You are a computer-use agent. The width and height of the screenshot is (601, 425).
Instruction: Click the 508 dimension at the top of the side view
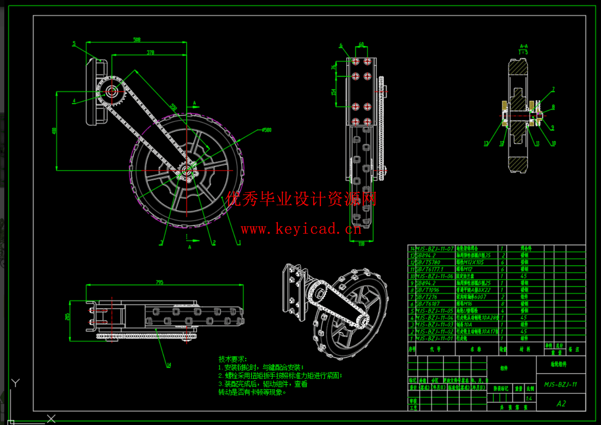pyautogui.click(x=137, y=39)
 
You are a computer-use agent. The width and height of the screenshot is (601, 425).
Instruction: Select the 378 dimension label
pyautogui.click(x=150, y=52)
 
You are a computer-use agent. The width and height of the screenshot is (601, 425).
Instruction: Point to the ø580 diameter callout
pyautogui.click(x=266, y=130)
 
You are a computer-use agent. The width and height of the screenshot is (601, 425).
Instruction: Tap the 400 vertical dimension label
pyautogui.click(x=54, y=131)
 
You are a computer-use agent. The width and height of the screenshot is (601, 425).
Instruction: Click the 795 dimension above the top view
pyautogui.click(x=159, y=282)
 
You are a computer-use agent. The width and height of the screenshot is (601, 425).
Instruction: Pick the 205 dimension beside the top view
pyautogui.click(x=68, y=316)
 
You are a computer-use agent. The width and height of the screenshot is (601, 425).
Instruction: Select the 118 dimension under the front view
pyautogui.click(x=361, y=244)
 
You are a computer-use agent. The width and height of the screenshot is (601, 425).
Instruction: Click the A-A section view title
pyautogui.click(x=524, y=46)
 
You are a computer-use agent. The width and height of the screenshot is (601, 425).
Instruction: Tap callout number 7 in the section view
pyautogui.click(x=553, y=89)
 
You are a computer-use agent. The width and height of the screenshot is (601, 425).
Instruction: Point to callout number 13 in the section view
pyautogui.click(x=486, y=143)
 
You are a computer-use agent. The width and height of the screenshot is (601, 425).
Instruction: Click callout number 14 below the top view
pyautogui.click(x=168, y=365)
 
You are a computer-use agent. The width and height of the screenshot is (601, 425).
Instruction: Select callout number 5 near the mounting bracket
pyautogui.click(x=74, y=44)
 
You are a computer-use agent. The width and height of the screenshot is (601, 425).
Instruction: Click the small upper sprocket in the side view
pyautogui.click(x=112, y=91)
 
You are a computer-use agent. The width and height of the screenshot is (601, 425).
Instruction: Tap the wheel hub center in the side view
pyautogui.click(x=187, y=171)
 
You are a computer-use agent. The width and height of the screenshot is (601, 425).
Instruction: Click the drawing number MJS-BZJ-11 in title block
pyautogui.click(x=560, y=384)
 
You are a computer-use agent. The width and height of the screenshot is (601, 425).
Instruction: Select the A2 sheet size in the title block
pyautogui.click(x=561, y=403)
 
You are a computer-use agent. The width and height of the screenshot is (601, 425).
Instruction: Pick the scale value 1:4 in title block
pyautogui.click(x=529, y=398)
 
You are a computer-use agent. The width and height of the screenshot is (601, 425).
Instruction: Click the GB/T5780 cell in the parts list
pyautogui.click(x=428, y=262)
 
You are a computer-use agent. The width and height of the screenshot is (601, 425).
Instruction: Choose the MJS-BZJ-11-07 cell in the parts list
pyautogui.click(x=434, y=248)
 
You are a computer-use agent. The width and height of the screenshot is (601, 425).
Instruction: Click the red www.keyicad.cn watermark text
pyautogui.click(x=301, y=229)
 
